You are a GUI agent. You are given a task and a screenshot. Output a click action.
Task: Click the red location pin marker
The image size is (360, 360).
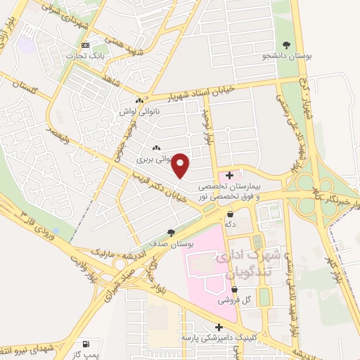point(181,165)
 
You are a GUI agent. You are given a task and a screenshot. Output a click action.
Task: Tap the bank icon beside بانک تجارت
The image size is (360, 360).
point(85,45)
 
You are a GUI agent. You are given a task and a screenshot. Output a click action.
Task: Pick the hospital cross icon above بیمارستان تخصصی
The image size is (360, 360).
point(230,175)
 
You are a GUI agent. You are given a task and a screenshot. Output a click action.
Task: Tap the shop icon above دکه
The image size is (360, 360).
point(231,214)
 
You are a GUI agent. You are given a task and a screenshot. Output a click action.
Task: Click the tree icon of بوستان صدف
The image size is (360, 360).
point(171,233)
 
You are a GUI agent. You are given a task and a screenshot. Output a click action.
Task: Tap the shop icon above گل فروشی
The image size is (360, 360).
point(229,289)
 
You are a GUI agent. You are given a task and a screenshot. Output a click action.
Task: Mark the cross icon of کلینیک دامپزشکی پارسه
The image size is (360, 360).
point(220,327)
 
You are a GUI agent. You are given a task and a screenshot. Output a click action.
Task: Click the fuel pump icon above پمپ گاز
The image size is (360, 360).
point(86,343)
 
